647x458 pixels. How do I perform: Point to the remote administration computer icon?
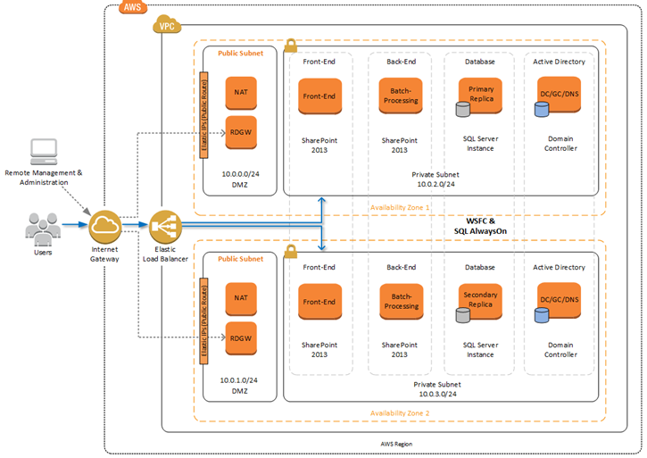[43, 153]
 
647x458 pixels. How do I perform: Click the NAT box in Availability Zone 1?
[241, 93]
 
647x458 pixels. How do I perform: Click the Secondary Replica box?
[482, 298]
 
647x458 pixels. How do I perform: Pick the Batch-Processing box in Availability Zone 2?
[400, 300]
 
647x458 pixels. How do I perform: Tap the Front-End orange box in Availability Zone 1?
[319, 96]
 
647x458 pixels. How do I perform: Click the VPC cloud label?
[166, 26]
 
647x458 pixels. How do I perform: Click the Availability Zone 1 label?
[400, 207]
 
